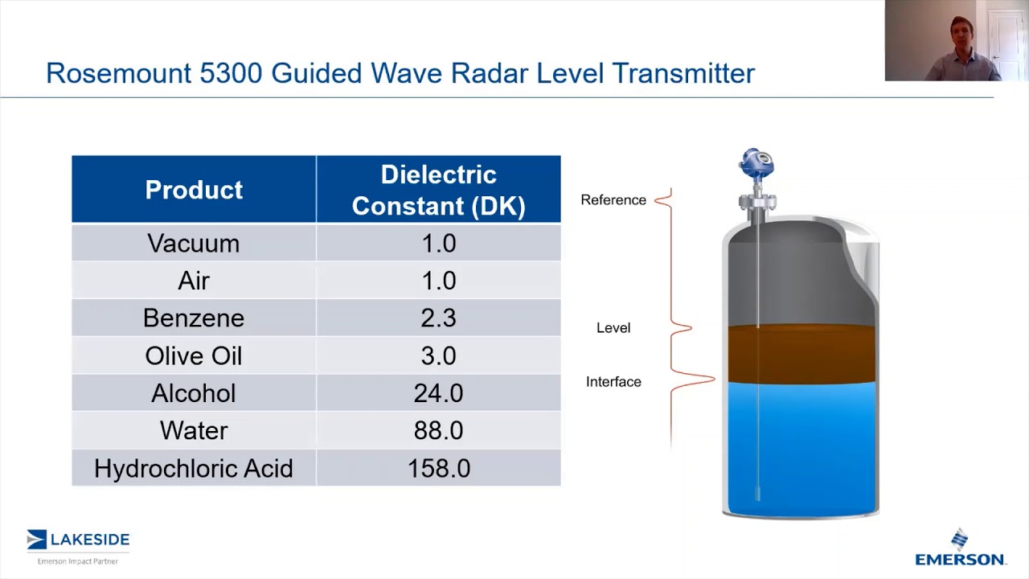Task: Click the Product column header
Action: pyautogui.click(x=194, y=190)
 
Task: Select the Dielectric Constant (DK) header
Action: pyautogui.click(x=438, y=190)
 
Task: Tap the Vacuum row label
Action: pyautogui.click(x=194, y=243)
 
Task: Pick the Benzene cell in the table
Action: pyautogui.click(x=194, y=318)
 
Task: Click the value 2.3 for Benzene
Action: pyautogui.click(x=438, y=318)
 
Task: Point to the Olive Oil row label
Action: pyautogui.click(x=194, y=355)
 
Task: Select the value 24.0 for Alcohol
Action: pyautogui.click(x=438, y=393)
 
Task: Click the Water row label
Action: pyautogui.click(x=194, y=430)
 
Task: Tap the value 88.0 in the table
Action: pyautogui.click(x=438, y=430)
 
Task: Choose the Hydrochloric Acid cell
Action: pyautogui.click(x=194, y=468)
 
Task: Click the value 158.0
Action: pyautogui.click(x=438, y=468)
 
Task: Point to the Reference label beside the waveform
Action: pyautogui.click(x=613, y=199)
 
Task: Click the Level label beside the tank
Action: pyautogui.click(x=613, y=327)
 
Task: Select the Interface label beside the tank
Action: pyautogui.click(x=613, y=381)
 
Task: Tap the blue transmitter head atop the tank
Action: pyautogui.click(x=756, y=164)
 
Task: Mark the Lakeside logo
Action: pyautogui.click(x=78, y=544)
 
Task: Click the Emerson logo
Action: pyautogui.click(x=960, y=549)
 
